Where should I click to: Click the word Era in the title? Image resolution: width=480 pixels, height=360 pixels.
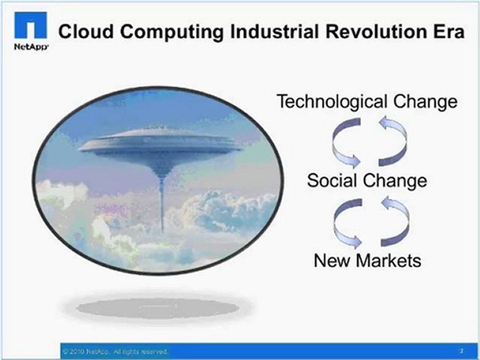[447, 32]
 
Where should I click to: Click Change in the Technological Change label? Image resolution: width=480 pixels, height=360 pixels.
[425, 102]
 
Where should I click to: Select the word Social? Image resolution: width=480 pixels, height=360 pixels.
[334, 180]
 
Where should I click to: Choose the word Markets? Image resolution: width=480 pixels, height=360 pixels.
[389, 260]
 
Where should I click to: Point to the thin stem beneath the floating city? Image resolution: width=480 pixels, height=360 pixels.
[162, 205]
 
